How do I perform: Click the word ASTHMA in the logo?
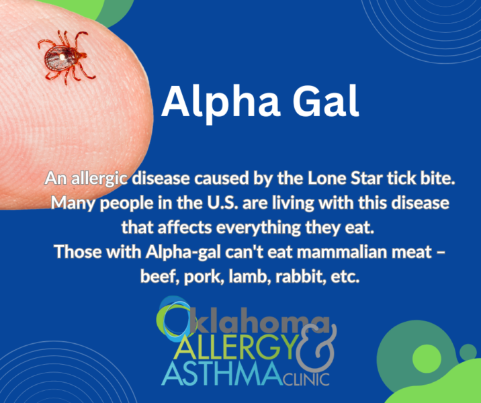click(215, 373)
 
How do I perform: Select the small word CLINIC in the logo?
click(306, 379)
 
